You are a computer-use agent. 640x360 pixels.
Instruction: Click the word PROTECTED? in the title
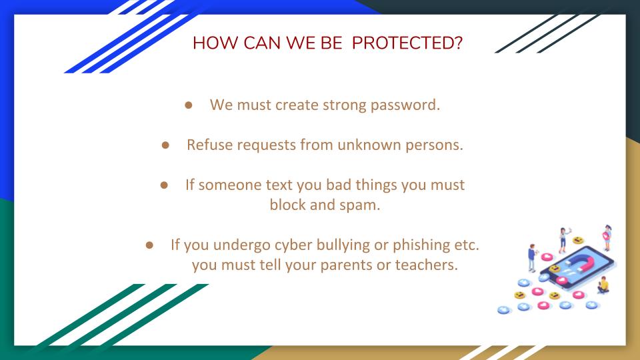tap(407, 43)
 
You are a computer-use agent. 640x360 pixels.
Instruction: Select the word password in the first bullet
tap(405, 105)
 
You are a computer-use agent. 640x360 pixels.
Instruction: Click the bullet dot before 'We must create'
tap(188, 105)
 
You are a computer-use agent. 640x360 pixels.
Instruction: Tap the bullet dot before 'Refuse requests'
tap(165, 145)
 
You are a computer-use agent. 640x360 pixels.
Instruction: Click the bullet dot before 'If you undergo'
tap(149, 245)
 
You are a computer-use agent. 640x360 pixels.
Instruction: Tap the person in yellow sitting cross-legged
tap(604, 285)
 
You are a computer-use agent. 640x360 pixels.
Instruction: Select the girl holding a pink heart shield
tap(607, 237)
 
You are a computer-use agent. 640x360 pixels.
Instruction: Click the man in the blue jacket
tap(531, 258)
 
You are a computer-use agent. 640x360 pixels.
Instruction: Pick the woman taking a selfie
tap(564, 240)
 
